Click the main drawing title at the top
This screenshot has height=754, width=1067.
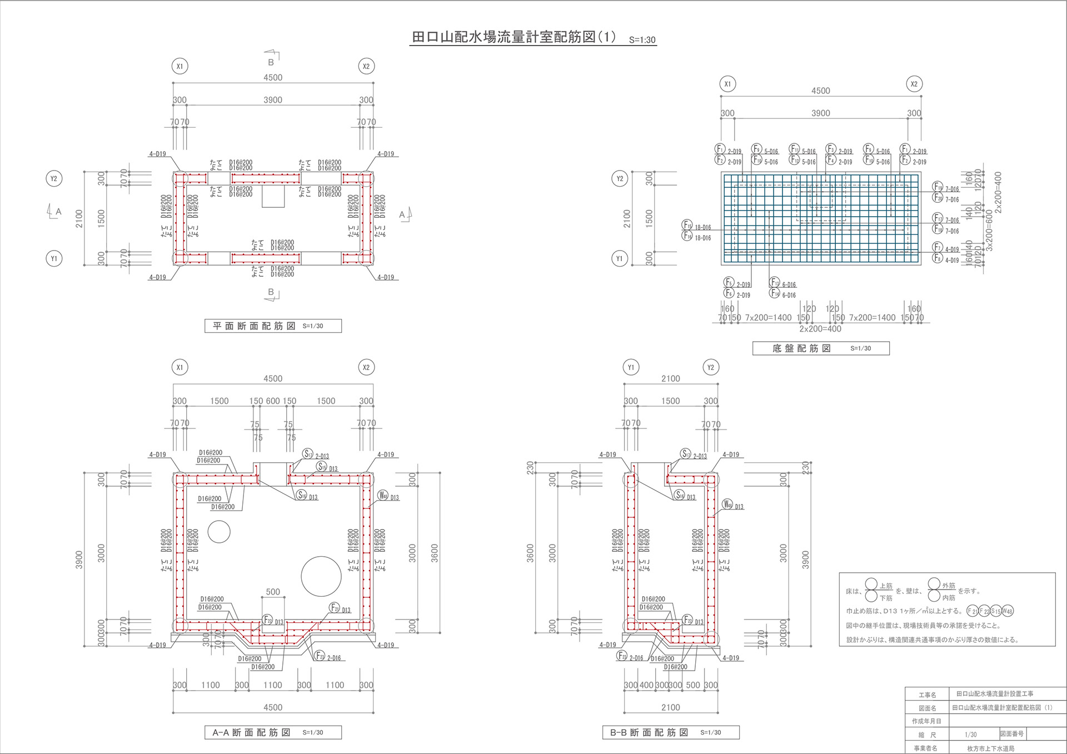point(513,37)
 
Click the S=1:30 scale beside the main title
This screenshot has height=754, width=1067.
point(642,40)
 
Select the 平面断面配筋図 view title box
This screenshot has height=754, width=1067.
point(273,326)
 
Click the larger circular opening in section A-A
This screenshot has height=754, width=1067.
point(321,576)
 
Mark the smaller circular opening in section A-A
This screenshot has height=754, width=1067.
point(219,532)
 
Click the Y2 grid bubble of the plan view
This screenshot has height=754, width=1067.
point(54,178)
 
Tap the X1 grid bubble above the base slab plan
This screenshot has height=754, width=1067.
point(727,84)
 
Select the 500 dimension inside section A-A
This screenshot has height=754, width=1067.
point(273,592)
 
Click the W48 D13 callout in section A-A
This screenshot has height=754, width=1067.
point(388,496)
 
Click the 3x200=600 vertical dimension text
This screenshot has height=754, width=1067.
point(989,231)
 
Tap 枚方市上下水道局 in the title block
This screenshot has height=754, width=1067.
point(990,748)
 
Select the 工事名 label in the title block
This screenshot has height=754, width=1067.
point(927,695)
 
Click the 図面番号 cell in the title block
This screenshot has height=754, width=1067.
point(1012,734)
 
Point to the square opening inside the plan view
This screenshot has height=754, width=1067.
point(273,196)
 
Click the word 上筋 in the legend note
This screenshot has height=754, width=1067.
point(886,586)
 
